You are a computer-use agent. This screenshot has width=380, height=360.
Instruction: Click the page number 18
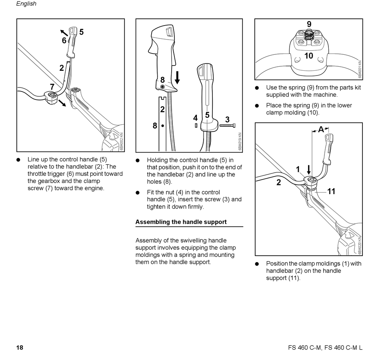(x=20, y=347)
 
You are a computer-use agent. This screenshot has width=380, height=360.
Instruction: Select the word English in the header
(x=26, y=4)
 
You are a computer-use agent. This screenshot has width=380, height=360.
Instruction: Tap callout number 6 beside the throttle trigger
(x=64, y=40)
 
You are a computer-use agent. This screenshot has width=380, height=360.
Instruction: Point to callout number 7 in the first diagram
(x=52, y=87)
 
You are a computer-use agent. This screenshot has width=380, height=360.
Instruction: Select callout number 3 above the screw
(x=227, y=119)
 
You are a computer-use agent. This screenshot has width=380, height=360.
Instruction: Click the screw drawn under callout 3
(x=227, y=126)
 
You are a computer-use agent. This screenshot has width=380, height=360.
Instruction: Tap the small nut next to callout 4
(x=196, y=125)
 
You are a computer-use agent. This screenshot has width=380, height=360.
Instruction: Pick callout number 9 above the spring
(x=309, y=24)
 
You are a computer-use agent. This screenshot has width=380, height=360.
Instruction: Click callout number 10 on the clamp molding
(x=309, y=56)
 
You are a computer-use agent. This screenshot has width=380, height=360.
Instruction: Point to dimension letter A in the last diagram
(x=321, y=129)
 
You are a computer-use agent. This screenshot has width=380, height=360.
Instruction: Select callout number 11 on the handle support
(x=331, y=191)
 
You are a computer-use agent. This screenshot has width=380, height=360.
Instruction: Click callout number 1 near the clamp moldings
(x=298, y=169)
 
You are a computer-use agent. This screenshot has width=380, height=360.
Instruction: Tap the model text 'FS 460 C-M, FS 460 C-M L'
(x=325, y=348)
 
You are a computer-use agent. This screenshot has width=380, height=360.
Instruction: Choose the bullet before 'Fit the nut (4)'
(x=138, y=193)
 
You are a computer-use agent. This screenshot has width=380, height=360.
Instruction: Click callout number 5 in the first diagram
(x=82, y=32)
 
